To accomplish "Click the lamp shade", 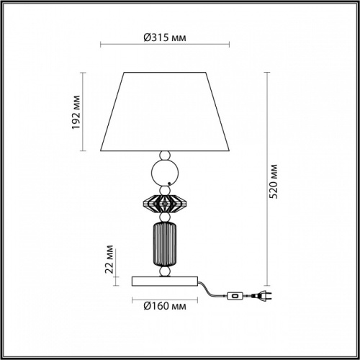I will point(165,111).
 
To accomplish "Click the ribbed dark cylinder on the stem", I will point(165,244).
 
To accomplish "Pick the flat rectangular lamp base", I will point(165,279).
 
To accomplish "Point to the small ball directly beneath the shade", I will point(165,156).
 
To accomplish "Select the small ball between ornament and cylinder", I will point(165,217).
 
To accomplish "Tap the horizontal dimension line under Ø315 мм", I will point(164,48).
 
